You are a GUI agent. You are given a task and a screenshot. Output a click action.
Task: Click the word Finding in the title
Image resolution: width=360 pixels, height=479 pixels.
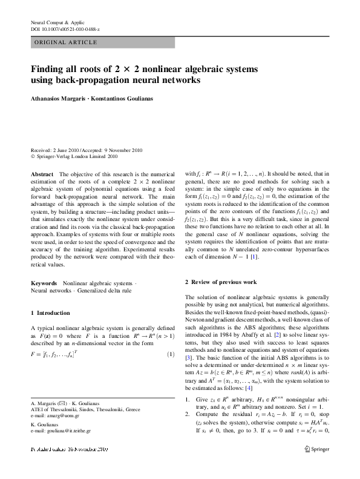pyautogui.click(x=49, y=68)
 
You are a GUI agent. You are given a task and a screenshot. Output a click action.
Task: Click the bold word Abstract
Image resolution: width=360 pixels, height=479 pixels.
pyautogui.click(x=42, y=174)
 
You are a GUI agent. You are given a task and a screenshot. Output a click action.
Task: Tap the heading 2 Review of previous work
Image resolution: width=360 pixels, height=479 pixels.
pyautogui.click(x=221, y=283)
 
